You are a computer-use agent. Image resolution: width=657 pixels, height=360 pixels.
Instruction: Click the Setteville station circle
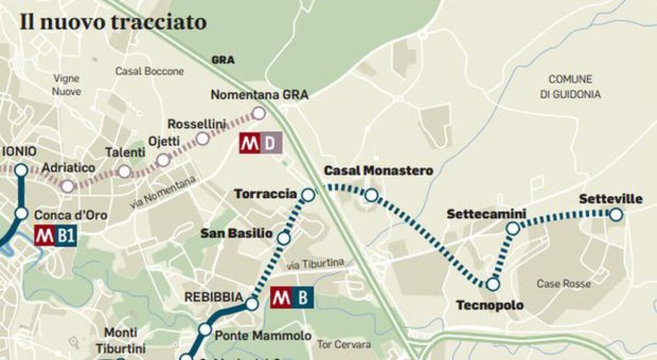tap(616, 214)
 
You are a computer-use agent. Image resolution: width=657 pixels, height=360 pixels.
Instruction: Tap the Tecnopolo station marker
tap(493, 284)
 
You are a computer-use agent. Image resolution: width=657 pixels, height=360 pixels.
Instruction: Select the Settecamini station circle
tap(512, 229)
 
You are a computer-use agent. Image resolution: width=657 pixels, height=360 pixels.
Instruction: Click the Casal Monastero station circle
tap(371, 195)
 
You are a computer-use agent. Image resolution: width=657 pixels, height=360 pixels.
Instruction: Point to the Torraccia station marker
tap(308, 194)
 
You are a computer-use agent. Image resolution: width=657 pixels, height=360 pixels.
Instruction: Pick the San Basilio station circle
tap(284, 238)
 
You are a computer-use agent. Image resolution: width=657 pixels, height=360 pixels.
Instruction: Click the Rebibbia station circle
tap(252, 304)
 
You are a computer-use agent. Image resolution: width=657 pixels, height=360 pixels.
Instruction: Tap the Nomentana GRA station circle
tap(258, 113)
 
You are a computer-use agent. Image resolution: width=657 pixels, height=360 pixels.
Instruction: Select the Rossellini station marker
tap(203, 138)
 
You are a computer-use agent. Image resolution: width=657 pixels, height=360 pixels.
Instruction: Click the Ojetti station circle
tap(163, 160)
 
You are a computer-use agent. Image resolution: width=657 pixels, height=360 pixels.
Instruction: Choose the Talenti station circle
tap(124, 171)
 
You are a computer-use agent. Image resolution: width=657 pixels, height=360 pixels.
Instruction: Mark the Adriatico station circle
tap(67, 186)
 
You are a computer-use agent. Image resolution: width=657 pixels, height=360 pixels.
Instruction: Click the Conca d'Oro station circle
tap(21, 213)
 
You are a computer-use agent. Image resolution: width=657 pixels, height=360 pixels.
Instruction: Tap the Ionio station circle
tap(21, 170)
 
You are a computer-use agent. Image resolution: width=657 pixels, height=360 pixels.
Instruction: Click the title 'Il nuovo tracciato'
tap(113, 22)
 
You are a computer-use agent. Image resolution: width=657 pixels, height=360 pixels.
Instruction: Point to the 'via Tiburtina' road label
tap(316, 265)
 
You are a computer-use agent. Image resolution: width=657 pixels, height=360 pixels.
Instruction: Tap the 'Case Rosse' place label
tap(563, 284)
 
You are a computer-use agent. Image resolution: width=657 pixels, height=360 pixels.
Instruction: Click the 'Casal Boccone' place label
tap(149, 71)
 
